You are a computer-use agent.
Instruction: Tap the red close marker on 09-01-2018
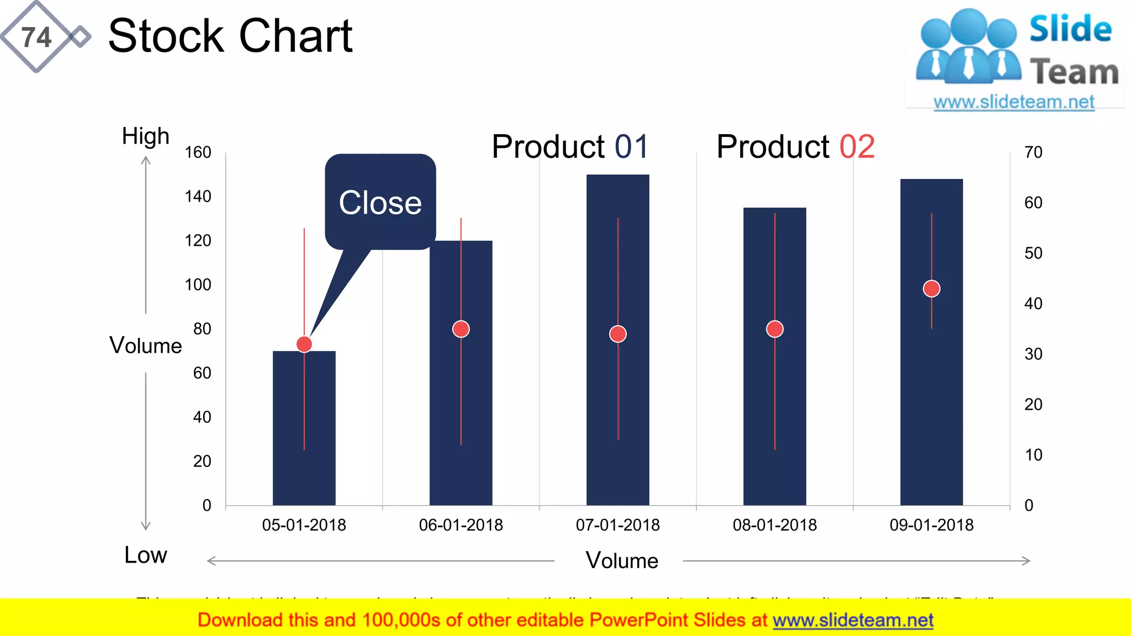(931, 289)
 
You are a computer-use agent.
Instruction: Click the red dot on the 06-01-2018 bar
(461, 329)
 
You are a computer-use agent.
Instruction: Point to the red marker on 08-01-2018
(774, 329)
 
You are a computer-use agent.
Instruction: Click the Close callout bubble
(380, 202)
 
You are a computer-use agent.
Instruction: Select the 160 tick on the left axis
(198, 152)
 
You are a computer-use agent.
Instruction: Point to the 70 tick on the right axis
(1033, 152)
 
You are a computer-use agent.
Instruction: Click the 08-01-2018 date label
(774, 524)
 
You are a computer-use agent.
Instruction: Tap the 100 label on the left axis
(198, 285)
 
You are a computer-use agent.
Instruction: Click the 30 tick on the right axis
(1033, 354)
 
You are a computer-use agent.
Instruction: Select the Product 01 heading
(569, 147)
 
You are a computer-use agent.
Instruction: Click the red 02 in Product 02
(857, 147)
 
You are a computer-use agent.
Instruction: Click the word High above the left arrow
(145, 136)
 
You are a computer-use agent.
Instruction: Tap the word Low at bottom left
(145, 555)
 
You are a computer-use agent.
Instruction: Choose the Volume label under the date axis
(622, 561)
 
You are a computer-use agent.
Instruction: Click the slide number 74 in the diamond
(36, 38)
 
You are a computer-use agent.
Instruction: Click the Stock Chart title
(230, 36)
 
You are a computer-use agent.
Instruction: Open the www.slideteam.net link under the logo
(1013, 102)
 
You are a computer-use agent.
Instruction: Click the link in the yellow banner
(853, 621)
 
